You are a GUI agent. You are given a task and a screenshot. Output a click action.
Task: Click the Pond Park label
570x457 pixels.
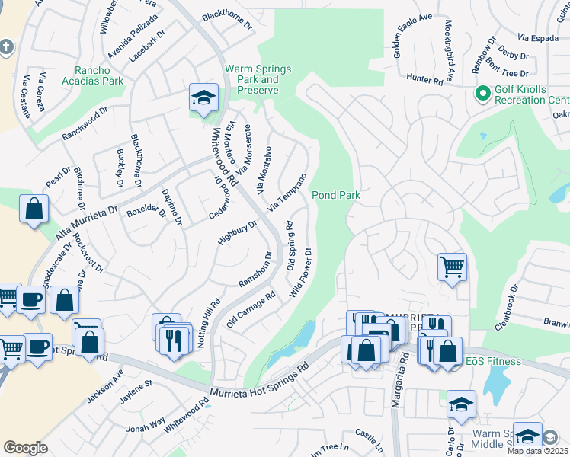point(335,196)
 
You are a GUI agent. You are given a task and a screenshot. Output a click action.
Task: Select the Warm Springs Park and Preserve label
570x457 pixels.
point(258,79)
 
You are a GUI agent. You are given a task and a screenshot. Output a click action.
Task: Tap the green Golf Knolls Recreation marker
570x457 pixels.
point(482,94)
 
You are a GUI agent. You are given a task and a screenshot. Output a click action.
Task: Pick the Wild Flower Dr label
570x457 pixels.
point(301,273)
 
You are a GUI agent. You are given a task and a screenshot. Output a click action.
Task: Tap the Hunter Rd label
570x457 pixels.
point(425,78)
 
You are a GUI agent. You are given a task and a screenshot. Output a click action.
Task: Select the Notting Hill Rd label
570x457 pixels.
point(210,322)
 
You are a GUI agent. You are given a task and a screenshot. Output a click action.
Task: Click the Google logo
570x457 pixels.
point(25,448)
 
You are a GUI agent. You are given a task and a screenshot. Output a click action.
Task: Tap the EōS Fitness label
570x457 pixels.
point(495,361)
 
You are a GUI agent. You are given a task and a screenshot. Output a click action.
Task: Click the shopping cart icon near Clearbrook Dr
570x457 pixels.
point(452,267)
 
